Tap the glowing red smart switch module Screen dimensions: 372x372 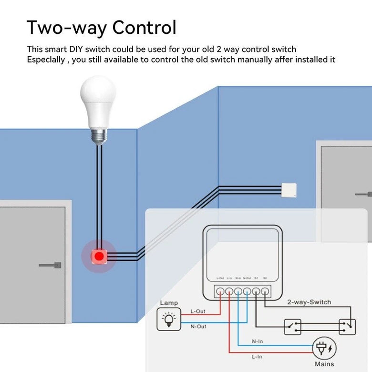(99, 256)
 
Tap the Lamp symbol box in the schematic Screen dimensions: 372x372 (169, 319)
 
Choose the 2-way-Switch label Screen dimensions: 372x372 (309, 302)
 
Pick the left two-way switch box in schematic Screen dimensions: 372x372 (292, 327)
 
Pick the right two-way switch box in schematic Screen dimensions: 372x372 (348, 327)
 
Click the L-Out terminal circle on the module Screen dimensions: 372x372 (220, 290)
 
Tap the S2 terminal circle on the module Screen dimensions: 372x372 (265, 290)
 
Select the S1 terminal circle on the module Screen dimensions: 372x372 (256, 290)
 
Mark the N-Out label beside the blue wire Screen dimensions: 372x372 (198, 327)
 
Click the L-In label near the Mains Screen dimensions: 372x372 (257, 357)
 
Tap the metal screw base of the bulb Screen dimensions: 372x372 (98, 135)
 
